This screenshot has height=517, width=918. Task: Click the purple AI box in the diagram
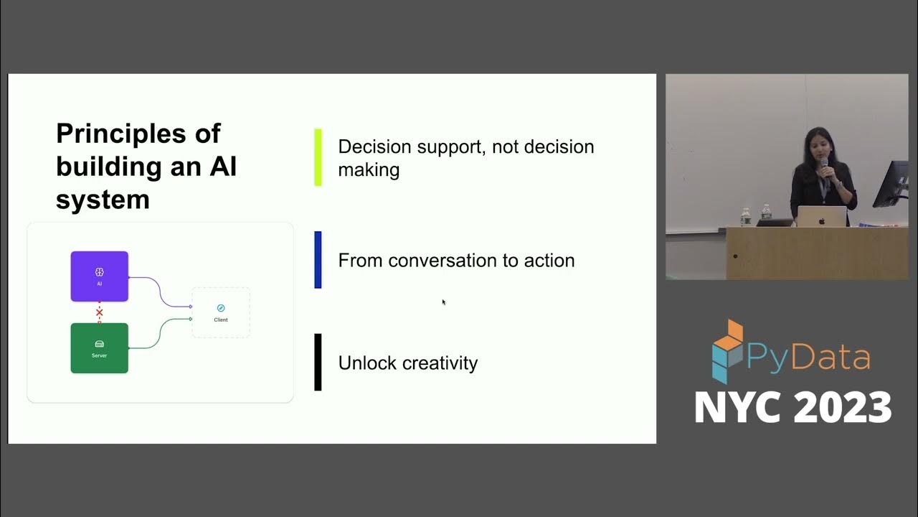(99, 276)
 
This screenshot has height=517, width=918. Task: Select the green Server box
(99, 348)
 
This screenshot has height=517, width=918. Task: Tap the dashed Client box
(221, 312)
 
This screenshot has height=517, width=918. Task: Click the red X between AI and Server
(99, 312)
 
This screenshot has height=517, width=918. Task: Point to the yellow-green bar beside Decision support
(318, 157)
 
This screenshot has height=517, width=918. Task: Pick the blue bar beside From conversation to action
(318, 260)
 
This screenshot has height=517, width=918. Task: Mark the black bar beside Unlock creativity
(318, 363)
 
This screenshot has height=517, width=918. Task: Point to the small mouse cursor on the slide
(444, 302)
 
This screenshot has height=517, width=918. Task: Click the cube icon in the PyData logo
(727, 351)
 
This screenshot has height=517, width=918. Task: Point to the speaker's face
(818, 144)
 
